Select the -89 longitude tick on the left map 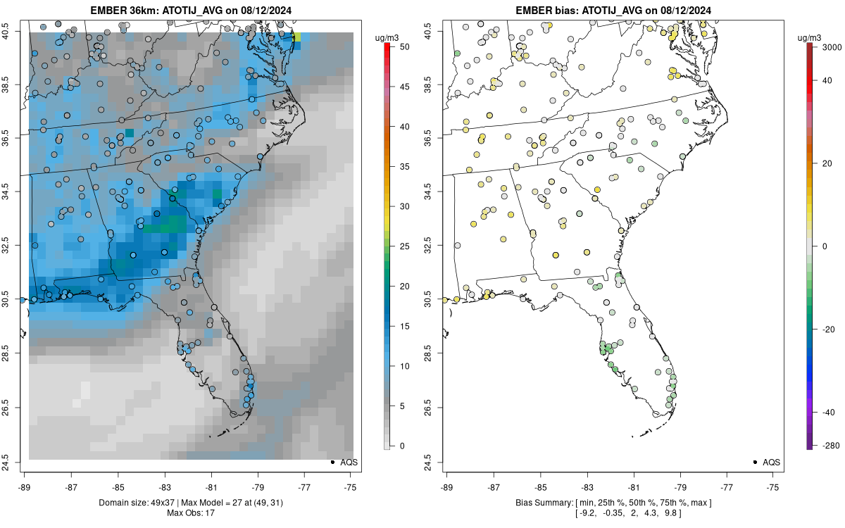[25, 486]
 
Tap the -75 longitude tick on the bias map [773, 486]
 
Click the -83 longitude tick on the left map [165, 486]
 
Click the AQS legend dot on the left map [332, 462]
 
